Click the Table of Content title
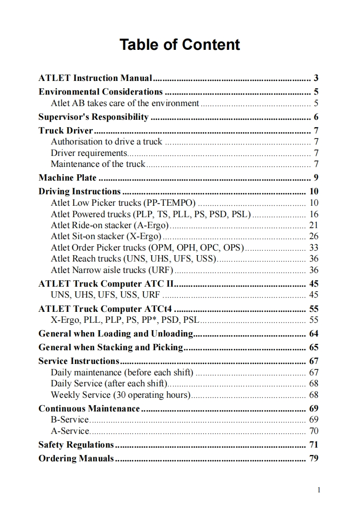click(180, 45)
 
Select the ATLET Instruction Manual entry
click(95, 78)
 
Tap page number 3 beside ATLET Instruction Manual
click(316, 78)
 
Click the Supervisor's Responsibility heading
click(93, 117)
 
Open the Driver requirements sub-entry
click(89, 153)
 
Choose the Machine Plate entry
click(68, 178)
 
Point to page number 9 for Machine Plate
click(316, 178)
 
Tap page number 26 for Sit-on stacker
click(313, 236)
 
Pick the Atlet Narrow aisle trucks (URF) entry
click(112, 270)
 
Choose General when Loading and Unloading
click(116, 334)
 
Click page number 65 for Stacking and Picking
click(313, 347)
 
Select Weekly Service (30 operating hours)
click(120, 395)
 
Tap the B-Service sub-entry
click(69, 419)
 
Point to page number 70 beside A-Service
click(313, 431)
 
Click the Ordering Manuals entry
click(76, 458)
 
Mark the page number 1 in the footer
click(318, 490)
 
